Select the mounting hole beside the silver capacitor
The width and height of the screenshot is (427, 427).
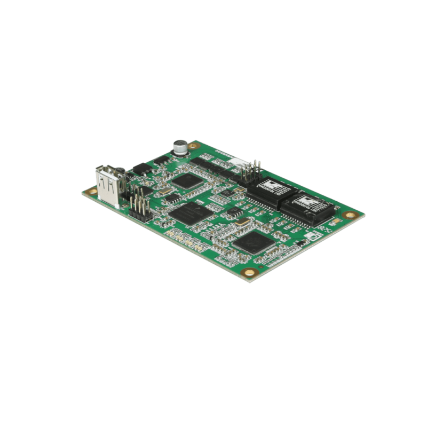point(195,144)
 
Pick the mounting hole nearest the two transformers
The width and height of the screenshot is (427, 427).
point(349,215)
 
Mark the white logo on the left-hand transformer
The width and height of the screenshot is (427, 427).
point(268,185)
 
